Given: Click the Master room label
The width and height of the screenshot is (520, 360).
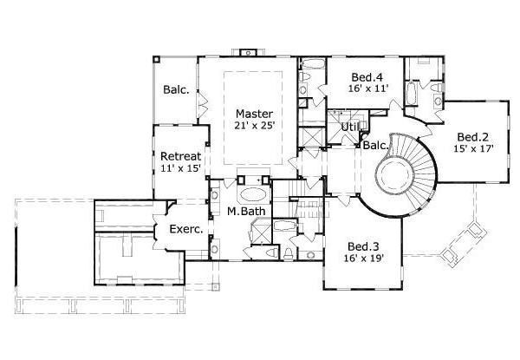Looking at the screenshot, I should click(254, 114).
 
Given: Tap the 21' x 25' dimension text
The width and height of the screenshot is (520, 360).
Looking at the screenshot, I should click(254, 127).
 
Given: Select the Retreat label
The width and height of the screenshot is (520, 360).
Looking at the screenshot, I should click(180, 156).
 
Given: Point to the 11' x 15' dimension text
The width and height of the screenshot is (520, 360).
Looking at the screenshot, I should click(180, 168).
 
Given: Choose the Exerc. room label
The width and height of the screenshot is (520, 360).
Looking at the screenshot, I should click(186, 230).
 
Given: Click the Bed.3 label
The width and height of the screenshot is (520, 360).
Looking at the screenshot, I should click(363, 245).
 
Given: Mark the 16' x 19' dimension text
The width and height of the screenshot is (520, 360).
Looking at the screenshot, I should click(363, 258).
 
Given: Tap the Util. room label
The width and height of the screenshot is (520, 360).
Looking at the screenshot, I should click(350, 128).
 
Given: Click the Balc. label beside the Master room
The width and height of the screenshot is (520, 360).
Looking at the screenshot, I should click(177, 89).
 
